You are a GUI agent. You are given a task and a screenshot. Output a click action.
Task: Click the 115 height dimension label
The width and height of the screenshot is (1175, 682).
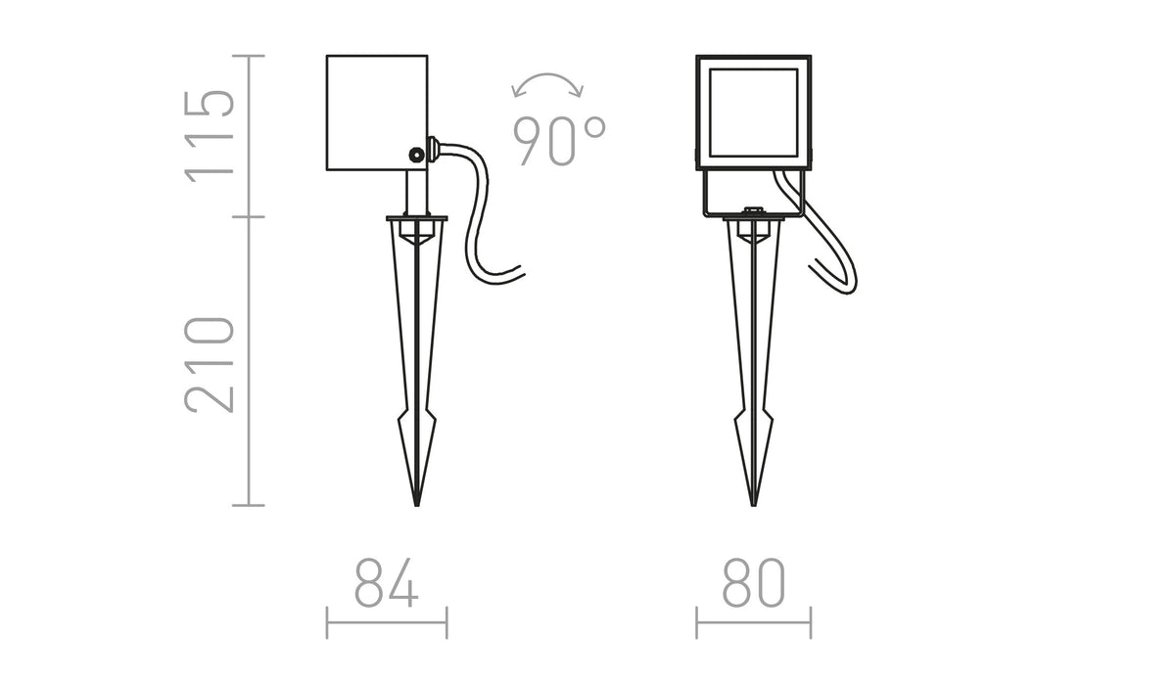(210, 136)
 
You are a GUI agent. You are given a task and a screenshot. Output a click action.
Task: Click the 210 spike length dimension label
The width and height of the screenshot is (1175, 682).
(210, 365)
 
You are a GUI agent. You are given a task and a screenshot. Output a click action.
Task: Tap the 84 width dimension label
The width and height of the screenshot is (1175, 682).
(387, 582)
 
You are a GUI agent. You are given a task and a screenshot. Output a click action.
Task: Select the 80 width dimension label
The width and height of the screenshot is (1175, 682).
(754, 582)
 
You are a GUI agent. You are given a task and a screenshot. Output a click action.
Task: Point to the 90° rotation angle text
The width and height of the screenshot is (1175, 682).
(559, 141)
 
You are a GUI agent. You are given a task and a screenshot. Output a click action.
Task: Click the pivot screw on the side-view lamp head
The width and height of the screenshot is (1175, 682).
(416, 155)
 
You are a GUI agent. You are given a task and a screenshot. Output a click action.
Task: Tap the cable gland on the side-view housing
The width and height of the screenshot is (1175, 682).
(433, 152)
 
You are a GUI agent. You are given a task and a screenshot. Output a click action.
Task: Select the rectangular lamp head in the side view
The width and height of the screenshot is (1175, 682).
(377, 113)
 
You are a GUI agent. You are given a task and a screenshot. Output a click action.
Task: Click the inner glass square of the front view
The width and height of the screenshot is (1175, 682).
(754, 113)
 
